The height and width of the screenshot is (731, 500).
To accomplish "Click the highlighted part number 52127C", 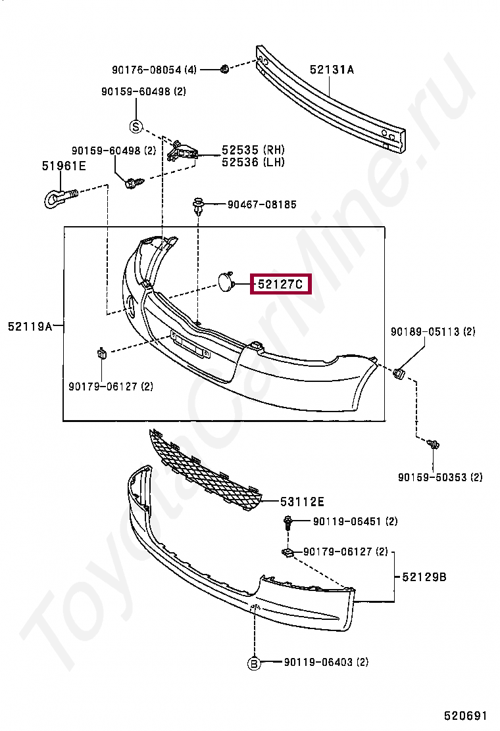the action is (280, 285).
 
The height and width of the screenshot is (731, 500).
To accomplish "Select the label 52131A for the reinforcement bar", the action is (332, 69).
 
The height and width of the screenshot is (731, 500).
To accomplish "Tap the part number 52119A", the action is (30, 325).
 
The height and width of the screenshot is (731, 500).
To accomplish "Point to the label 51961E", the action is (64, 166).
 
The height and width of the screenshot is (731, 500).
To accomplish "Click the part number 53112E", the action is (302, 502).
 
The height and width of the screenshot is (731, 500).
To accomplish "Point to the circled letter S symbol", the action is (136, 126).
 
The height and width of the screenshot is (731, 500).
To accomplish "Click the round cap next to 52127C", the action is (227, 282).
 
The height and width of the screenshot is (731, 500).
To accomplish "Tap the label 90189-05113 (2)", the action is (432, 331).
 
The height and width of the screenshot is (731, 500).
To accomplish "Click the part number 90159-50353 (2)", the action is (440, 477).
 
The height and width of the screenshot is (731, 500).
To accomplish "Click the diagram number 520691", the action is (466, 715).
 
